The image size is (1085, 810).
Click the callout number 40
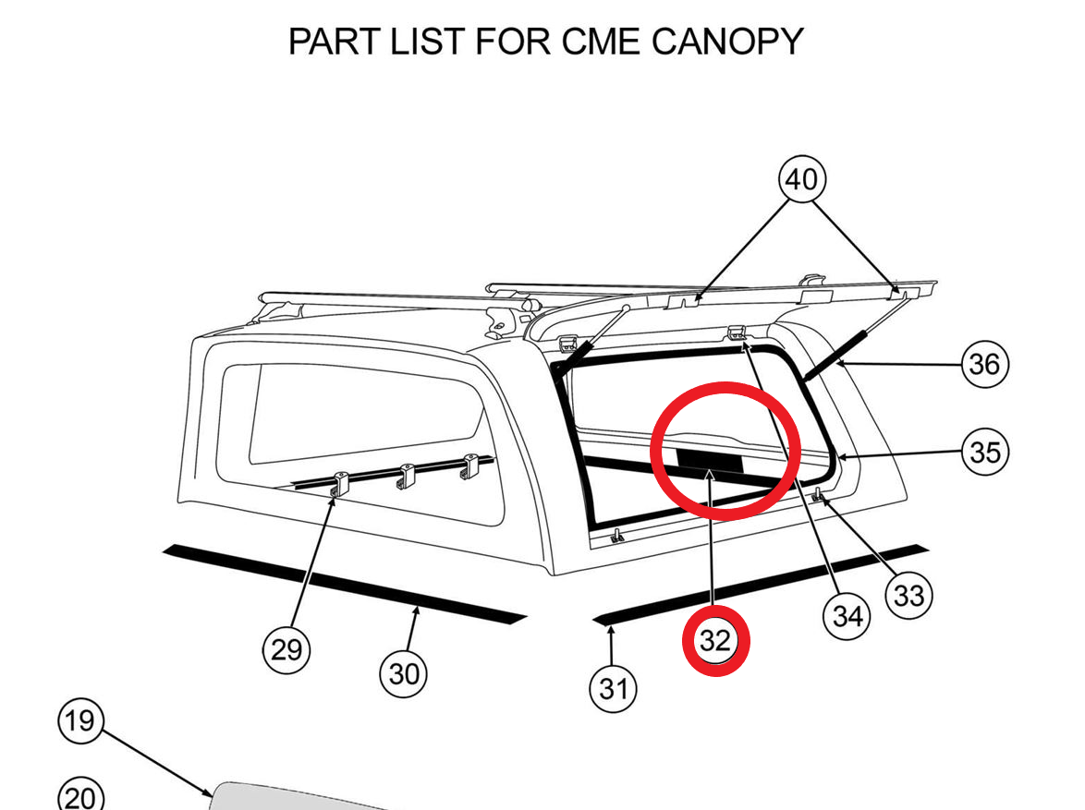[801, 179]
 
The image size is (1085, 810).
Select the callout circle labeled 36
[984, 364]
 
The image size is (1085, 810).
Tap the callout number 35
[984, 452]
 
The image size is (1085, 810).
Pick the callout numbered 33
[908, 596]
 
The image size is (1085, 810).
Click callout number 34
[847, 615]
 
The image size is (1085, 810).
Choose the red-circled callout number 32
[714, 641]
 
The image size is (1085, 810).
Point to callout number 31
[613, 688]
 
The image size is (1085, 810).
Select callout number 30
[403, 674]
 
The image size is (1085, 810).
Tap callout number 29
[286, 650]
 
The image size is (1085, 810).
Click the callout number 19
[80, 719]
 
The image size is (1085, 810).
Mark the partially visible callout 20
[80, 796]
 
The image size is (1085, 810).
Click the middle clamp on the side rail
[406, 476]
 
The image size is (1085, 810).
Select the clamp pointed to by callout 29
[338, 483]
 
